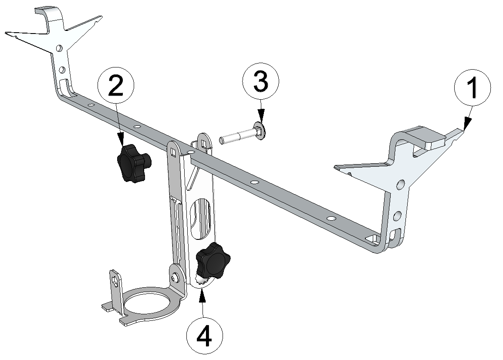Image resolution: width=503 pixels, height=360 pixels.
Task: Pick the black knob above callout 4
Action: pos(212,260)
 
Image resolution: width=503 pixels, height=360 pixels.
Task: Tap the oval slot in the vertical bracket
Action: pos(201,218)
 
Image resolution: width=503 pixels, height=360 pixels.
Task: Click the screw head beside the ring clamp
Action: pos(176,277)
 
